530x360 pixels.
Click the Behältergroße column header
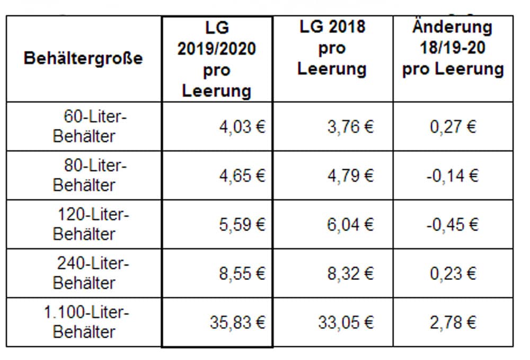[83, 58]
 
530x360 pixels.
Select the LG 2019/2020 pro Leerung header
[217, 59]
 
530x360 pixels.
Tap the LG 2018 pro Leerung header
[332, 48]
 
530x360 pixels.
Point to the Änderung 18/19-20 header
[453, 48]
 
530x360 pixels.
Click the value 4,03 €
[242, 127]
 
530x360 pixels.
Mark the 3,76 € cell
[350, 127]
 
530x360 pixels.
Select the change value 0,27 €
[453, 127]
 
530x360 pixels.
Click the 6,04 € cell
[350, 225]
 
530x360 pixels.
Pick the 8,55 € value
[242, 274]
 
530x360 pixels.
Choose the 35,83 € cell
[237, 322]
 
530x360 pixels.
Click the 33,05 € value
[346, 322]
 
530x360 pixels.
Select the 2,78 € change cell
[453, 322]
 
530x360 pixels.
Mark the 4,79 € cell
[350, 176]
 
